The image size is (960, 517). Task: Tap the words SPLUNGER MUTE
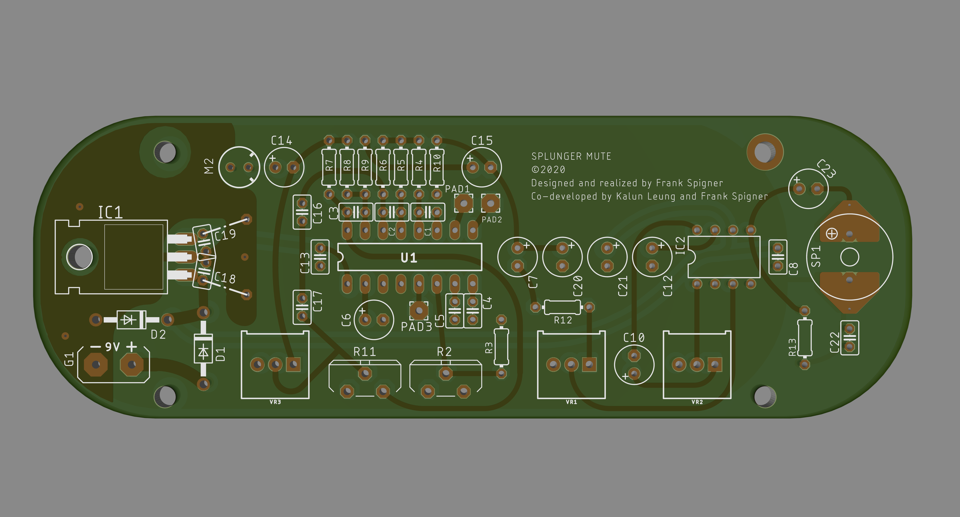(571, 156)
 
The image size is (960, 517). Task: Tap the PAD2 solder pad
(490, 203)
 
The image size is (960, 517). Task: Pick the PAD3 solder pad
(418, 310)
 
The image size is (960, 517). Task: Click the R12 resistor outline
(562, 307)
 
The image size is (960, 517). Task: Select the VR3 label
(275, 402)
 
